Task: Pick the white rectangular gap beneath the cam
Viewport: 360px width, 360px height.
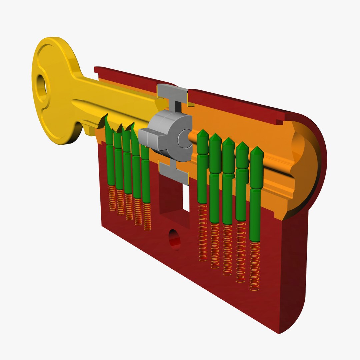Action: click(x=186, y=198)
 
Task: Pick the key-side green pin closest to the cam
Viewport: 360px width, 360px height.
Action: click(x=145, y=173)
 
